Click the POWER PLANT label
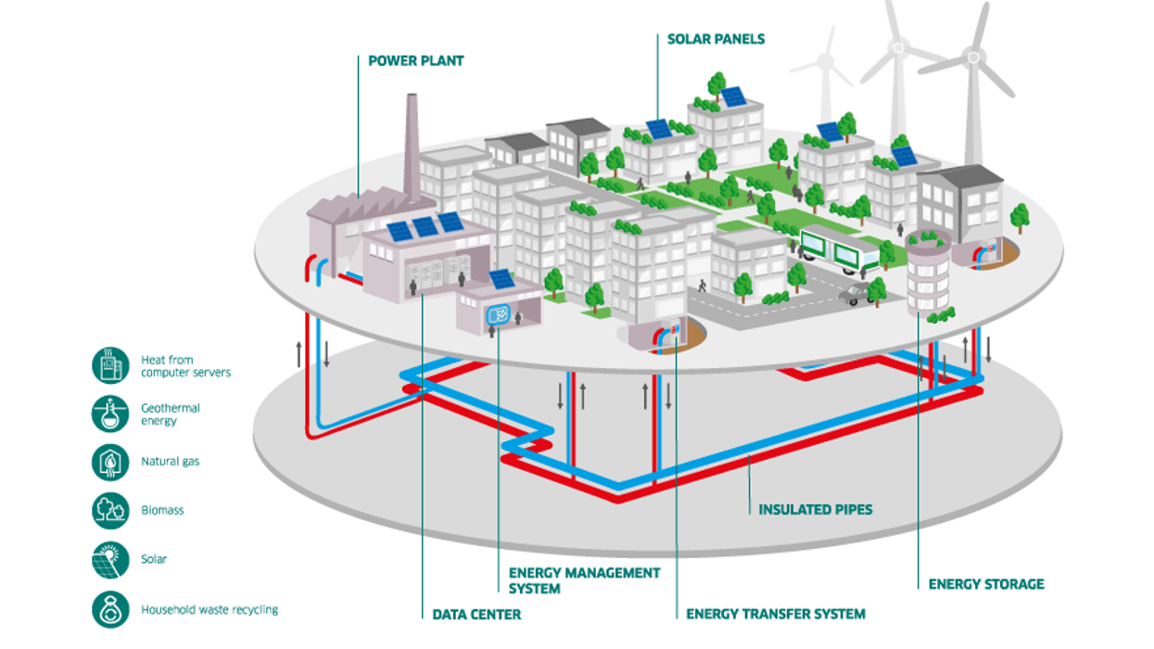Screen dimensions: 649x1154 click(416, 61)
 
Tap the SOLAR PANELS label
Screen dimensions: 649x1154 click(716, 39)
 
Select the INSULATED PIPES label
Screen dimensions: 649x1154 click(815, 509)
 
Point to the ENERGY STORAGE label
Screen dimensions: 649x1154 click(986, 584)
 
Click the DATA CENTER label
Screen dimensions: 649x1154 click(476, 614)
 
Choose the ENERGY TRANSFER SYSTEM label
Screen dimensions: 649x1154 click(776, 614)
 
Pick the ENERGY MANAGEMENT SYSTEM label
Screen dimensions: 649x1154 click(584, 580)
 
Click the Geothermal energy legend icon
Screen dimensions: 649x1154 click(110, 414)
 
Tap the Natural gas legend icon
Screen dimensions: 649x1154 click(110, 462)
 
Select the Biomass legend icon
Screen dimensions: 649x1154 click(110, 510)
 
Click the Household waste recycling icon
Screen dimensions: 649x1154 click(110, 609)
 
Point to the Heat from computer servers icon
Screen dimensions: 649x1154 click(110, 365)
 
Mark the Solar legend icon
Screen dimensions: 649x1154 click(110, 560)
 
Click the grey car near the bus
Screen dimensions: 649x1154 click(856, 294)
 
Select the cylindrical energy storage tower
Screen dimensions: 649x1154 click(928, 274)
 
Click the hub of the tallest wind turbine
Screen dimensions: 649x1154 click(973, 57)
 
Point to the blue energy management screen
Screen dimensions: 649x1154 click(498, 315)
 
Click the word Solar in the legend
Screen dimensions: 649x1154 click(154, 560)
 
